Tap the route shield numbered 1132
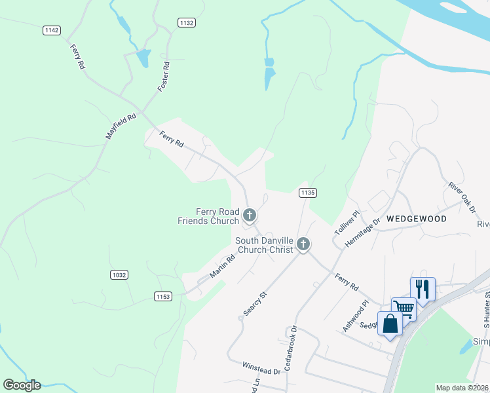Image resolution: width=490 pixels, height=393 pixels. click(187, 22)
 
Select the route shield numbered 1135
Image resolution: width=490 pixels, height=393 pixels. click(308, 193)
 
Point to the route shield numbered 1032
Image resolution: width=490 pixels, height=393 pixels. click(119, 275)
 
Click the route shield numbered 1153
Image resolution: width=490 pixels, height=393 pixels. click(163, 297)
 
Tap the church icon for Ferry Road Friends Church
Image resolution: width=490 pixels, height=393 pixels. click(249, 214)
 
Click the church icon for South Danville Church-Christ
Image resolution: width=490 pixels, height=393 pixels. click(303, 244)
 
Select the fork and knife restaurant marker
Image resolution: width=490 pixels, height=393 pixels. click(423, 288)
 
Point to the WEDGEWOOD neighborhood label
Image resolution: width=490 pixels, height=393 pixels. click(416, 219)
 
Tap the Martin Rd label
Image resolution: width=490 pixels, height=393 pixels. click(223, 266)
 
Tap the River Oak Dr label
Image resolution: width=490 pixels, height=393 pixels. click(462, 198)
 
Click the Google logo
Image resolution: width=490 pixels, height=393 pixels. click(22, 385)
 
